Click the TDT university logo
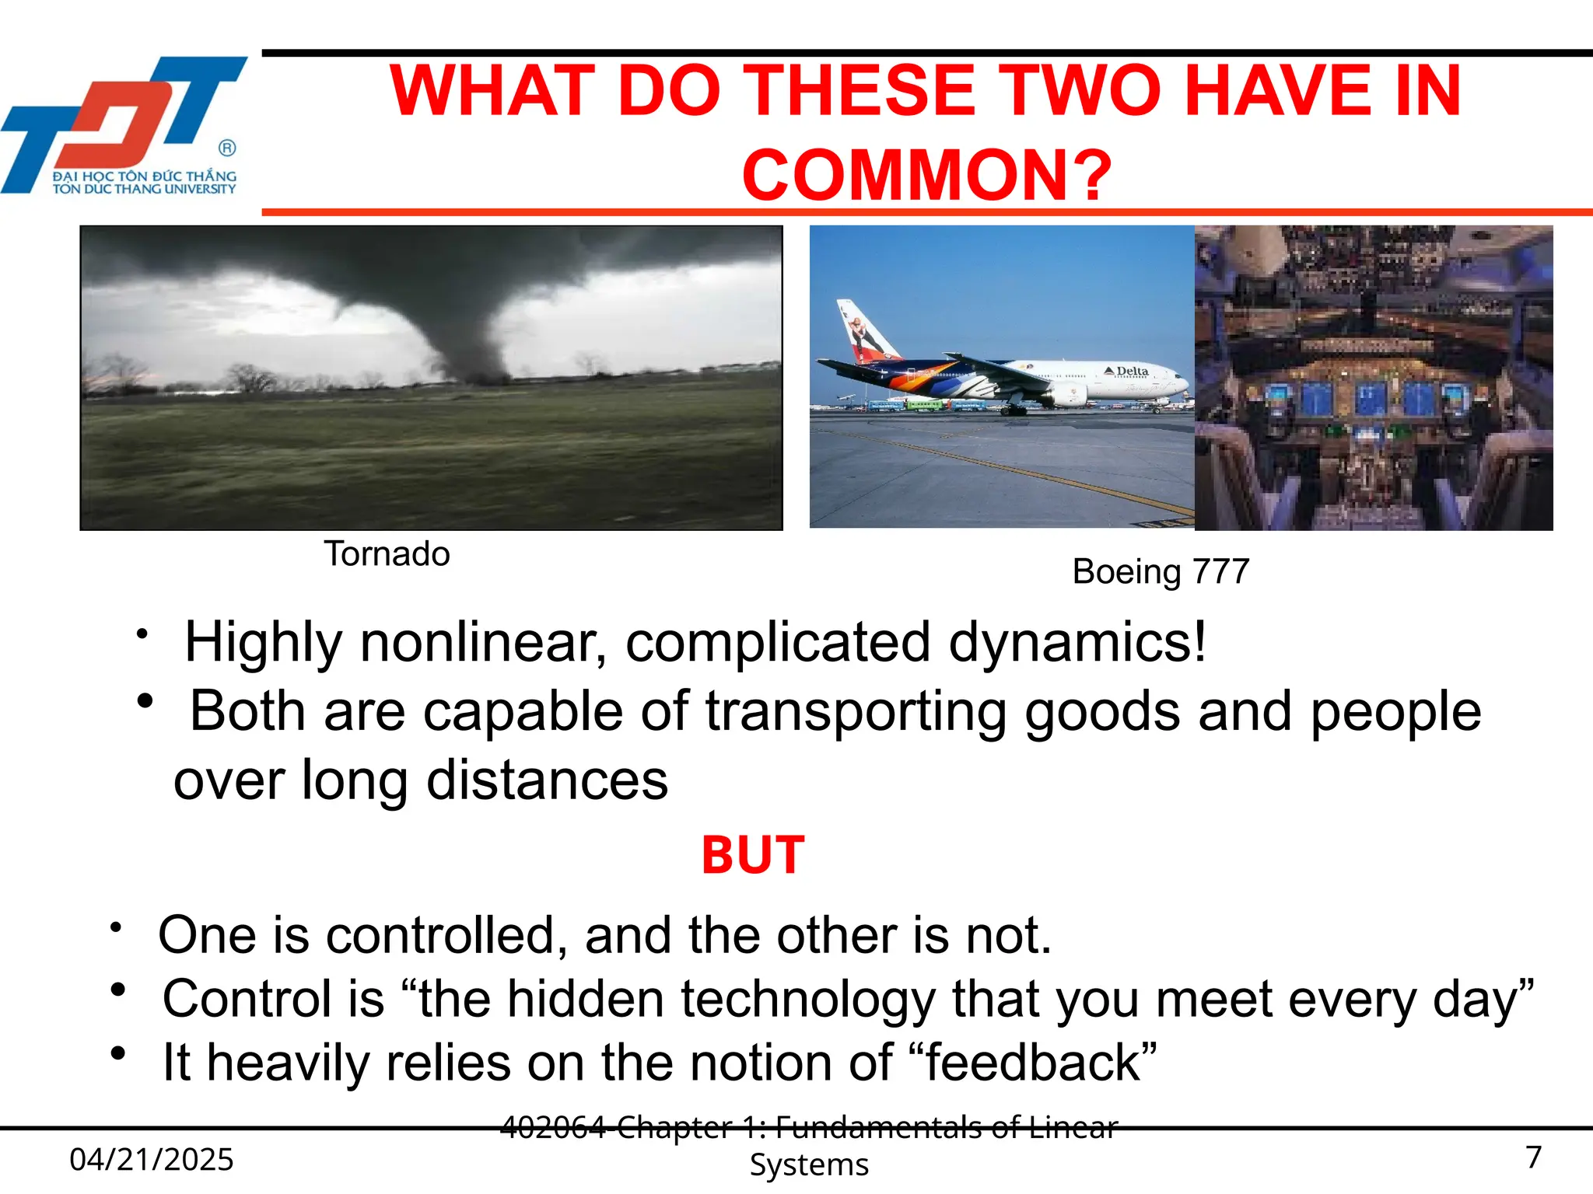(x=124, y=124)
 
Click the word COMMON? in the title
(x=926, y=176)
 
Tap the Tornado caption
(x=387, y=554)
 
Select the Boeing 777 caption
(x=1161, y=572)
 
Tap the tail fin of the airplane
(x=863, y=330)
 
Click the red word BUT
(x=753, y=856)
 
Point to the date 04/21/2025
(x=152, y=1160)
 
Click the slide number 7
(x=1533, y=1157)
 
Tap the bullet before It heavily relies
(x=118, y=1054)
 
